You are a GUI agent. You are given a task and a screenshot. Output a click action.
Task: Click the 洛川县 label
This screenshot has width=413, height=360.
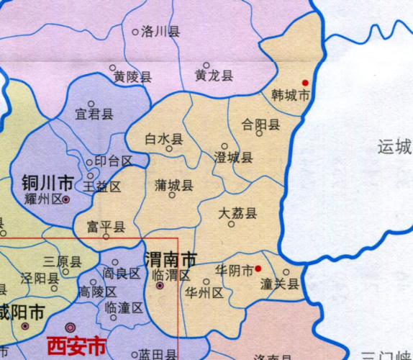[x=160, y=32]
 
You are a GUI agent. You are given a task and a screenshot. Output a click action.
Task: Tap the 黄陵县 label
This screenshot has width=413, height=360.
[x=132, y=77]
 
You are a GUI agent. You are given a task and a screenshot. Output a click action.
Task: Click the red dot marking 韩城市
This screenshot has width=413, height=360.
[x=305, y=83]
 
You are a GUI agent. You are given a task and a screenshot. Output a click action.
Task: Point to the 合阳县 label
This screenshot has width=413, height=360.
[x=260, y=125]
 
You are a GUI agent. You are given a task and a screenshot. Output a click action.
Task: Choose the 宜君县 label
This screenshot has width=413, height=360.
[x=94, y=114]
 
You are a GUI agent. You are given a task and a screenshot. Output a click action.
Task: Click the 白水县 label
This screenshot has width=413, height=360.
[x=164, y=138]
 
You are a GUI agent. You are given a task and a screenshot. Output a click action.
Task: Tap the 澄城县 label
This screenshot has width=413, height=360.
[x=234, y=158]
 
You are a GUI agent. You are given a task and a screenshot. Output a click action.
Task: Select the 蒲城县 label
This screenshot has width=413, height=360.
[x=173, y=186]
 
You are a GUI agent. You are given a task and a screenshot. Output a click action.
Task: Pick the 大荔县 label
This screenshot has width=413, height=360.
[x=237, y=213]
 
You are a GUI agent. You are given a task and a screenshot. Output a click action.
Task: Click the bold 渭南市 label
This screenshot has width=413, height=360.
[x=171, y=258]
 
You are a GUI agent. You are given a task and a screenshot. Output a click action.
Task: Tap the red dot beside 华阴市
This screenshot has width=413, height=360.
[x=258, y=270]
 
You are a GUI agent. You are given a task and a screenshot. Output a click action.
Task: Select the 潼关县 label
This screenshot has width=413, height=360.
[x=280, y=284]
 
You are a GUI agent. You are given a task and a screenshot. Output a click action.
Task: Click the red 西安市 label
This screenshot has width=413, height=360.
[x=77, y=345]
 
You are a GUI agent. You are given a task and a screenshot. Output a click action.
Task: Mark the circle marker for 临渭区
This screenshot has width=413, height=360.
[x=159, y=287]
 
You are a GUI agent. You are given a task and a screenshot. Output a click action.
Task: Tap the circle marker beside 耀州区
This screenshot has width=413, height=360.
[x=65, y=199]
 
